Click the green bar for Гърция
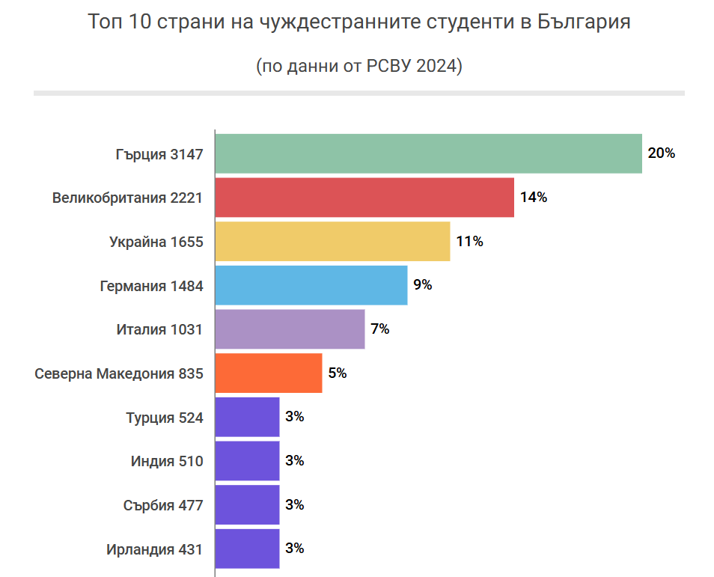tap(428, 153)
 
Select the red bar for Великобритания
tap(364, 198)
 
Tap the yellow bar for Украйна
tap(332, 241)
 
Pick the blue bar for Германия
tap(311, 285)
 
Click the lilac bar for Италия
tap(290, 329)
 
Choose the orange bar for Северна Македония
tap(269, 373)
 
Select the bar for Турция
tap(247, 417)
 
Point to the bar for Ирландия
tap(247, 549)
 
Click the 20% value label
tap(662, 153)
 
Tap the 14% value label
tap(534, 198)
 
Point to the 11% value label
tap(469, 241)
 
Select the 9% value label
tap(423, 285)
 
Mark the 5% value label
tap(338, 373)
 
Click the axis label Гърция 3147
tap(159, 154)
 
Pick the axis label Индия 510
tap(166, 461)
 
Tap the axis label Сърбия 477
tap(162, 505)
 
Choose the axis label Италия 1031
tap(159, 329)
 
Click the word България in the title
tap(585, 22)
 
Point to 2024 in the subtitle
tap(434, 66)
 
